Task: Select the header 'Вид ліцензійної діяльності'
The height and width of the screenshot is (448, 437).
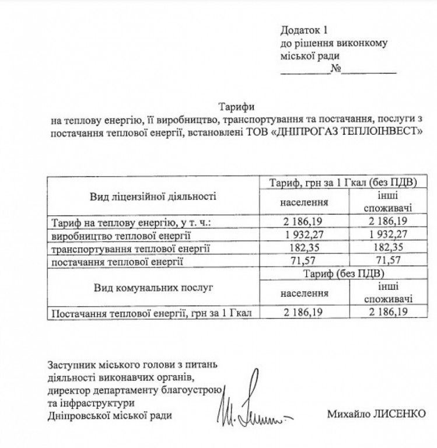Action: click(153, 196)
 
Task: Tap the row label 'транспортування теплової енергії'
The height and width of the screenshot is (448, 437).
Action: click(123, 249)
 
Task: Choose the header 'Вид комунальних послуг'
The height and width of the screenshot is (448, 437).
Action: click(153, 288)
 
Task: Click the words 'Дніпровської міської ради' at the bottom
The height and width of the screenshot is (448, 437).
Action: click(111, 415)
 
